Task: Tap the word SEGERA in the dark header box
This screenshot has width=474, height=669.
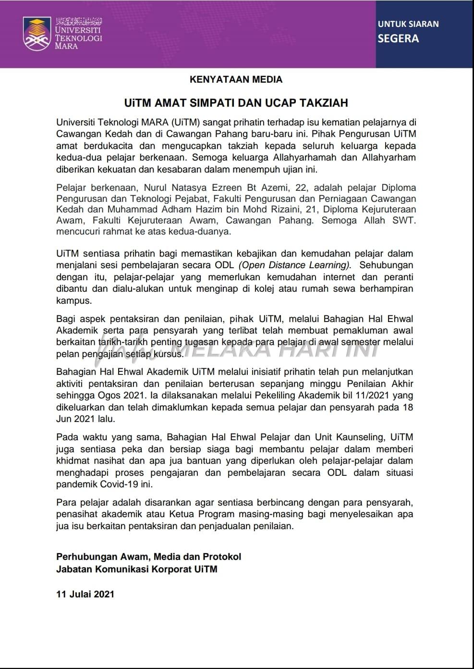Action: [398, 38]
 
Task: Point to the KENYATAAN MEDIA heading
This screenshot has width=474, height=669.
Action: [236, 79]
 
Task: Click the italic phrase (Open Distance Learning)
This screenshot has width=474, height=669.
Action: [294, 265]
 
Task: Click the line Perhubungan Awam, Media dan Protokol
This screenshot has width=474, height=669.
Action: [149, 557]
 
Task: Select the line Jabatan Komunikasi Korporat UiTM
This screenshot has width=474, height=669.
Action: [137, 569]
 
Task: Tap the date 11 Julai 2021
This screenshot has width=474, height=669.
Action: [85, 594]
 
